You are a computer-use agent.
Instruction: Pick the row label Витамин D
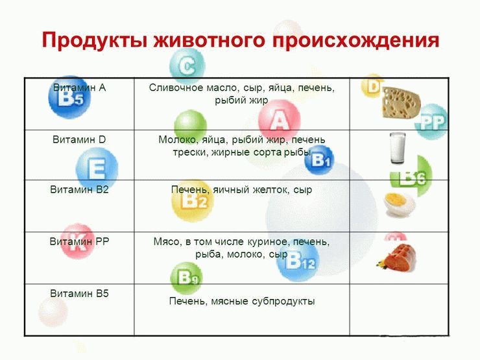tap(79, 139)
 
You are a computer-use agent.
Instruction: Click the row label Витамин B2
tap(79, 190)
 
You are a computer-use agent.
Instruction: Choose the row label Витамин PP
tap(79, 241)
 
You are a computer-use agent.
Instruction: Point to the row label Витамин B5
tap(79, 293)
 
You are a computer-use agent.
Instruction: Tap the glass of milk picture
tap(397, 149)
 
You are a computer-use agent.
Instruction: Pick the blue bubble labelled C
tap(187, 66)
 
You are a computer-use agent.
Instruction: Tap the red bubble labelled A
tap(279, 121)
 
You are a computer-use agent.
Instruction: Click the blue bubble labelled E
tap(97, 170)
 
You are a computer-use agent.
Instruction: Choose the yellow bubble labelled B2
tap(192, 200)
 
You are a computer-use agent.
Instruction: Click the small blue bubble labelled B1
tap(321, 160)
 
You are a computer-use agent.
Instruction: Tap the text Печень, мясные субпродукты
tap(241, 301)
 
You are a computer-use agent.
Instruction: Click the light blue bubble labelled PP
tap(431, 121)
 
